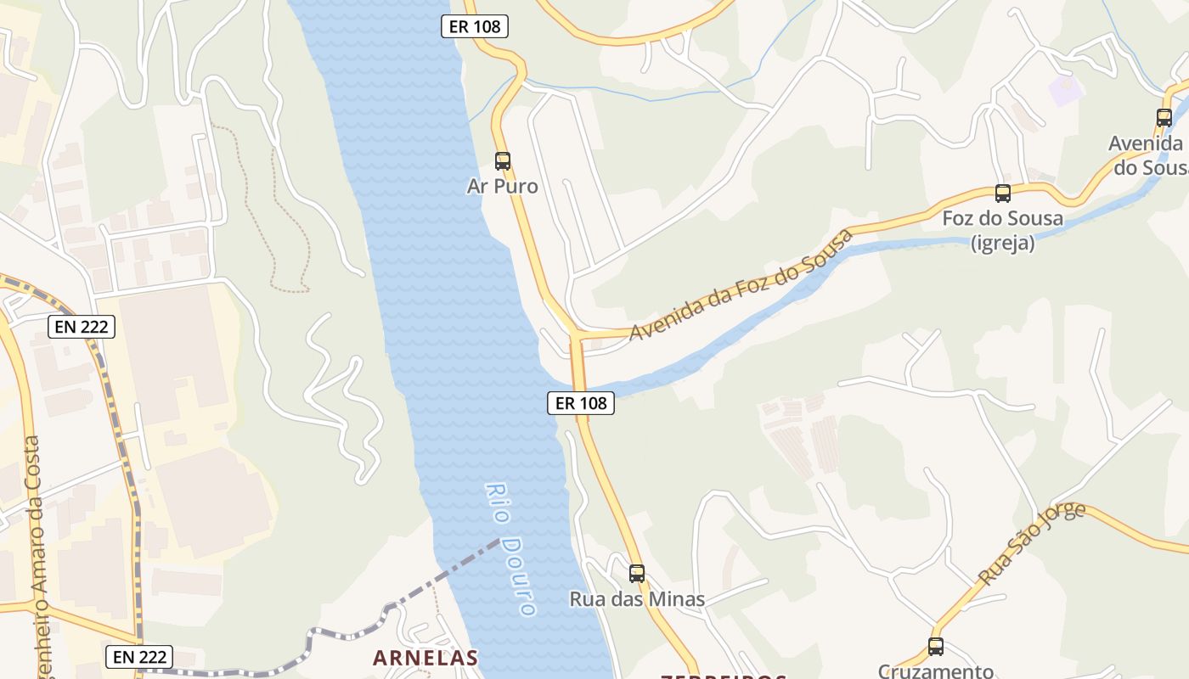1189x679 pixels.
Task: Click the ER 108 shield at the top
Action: pyautogui.click(x=475, y=26)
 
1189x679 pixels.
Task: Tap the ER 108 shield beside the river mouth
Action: pyautogui.click(x=581, y=403)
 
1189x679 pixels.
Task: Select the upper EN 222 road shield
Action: pyautogui.click(x=81, y=327)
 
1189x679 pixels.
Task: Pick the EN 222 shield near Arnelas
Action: pyautogui.click(x=140, y=656)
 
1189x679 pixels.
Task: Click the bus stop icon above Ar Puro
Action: pyautogui.click(x=503, y=160)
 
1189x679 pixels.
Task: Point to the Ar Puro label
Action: pyautogui.click(x=503, y=186)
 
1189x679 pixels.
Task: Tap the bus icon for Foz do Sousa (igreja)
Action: pyautogui.click(x=1003, y=194)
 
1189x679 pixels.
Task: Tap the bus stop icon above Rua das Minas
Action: pyautogui.click(x=637, y=574)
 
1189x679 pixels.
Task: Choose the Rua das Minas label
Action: pyautogui.click(x=637, y=599)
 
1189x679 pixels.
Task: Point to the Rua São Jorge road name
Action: pyautogui.click(x=1031, y=544)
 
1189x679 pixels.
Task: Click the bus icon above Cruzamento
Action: pyautogui.click(x=936, y=647)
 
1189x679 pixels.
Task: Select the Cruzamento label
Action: pyautogui.click(x=936, y=671)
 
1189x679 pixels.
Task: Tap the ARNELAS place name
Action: pyautogui.click(x=425, y=658)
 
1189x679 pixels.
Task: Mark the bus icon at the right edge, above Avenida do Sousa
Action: pyautogui.click(x=1164, y=118)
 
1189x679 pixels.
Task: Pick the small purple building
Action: pyautogui.click(x=1065, y=90)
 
